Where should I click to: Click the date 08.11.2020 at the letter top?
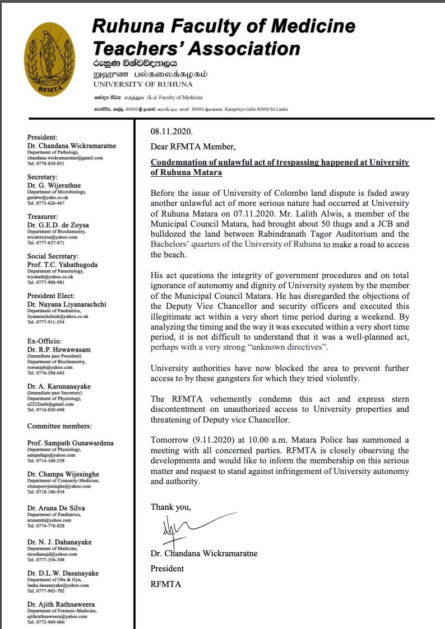point(171,132)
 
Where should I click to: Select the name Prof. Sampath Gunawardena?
point(71,443)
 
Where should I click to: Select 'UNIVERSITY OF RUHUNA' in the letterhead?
point(143,84)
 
